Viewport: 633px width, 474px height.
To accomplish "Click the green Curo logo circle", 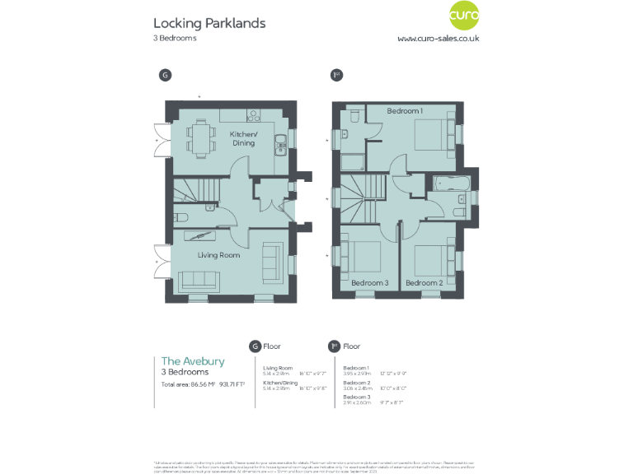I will [465, 16].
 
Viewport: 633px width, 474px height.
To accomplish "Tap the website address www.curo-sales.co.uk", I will [438, 38].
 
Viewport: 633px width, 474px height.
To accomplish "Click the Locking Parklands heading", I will [209, 23].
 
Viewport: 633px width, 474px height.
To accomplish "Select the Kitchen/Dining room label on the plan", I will [243, 138].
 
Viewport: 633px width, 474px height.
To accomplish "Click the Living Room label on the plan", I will [218, 255].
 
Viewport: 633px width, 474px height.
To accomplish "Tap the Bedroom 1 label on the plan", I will [405, 111].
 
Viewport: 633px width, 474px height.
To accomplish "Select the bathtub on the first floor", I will [451, 183].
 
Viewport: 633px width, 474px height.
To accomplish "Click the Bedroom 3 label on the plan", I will [368, 282].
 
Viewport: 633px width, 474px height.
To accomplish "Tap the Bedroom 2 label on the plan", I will [424, 282].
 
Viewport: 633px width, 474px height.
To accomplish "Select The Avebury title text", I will [192, 360].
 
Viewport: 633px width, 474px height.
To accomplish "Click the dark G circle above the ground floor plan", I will [165, 75].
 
